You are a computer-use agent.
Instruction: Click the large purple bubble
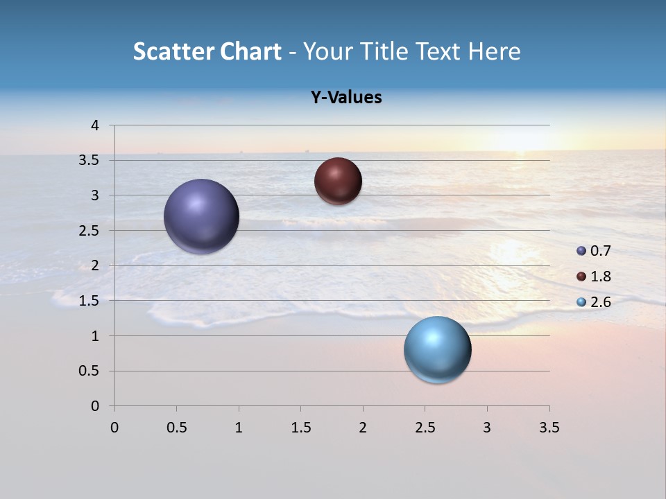[202, 216]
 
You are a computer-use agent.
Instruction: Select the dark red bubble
[338, 181]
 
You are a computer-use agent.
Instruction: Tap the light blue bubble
[437, 349]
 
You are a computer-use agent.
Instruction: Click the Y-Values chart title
[346, 98]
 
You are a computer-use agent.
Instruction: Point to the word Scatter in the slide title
[173, 51]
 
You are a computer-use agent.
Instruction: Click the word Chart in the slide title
[250, 51]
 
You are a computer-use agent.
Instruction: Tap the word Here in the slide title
[494, 51]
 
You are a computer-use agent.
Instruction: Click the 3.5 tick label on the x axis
[549, 428]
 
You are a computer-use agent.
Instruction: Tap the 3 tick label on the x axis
[487, 428]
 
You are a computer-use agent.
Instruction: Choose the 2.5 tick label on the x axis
[425, 428]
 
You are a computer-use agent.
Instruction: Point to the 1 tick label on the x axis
[239, 428]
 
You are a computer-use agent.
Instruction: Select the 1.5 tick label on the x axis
[300, 428]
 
